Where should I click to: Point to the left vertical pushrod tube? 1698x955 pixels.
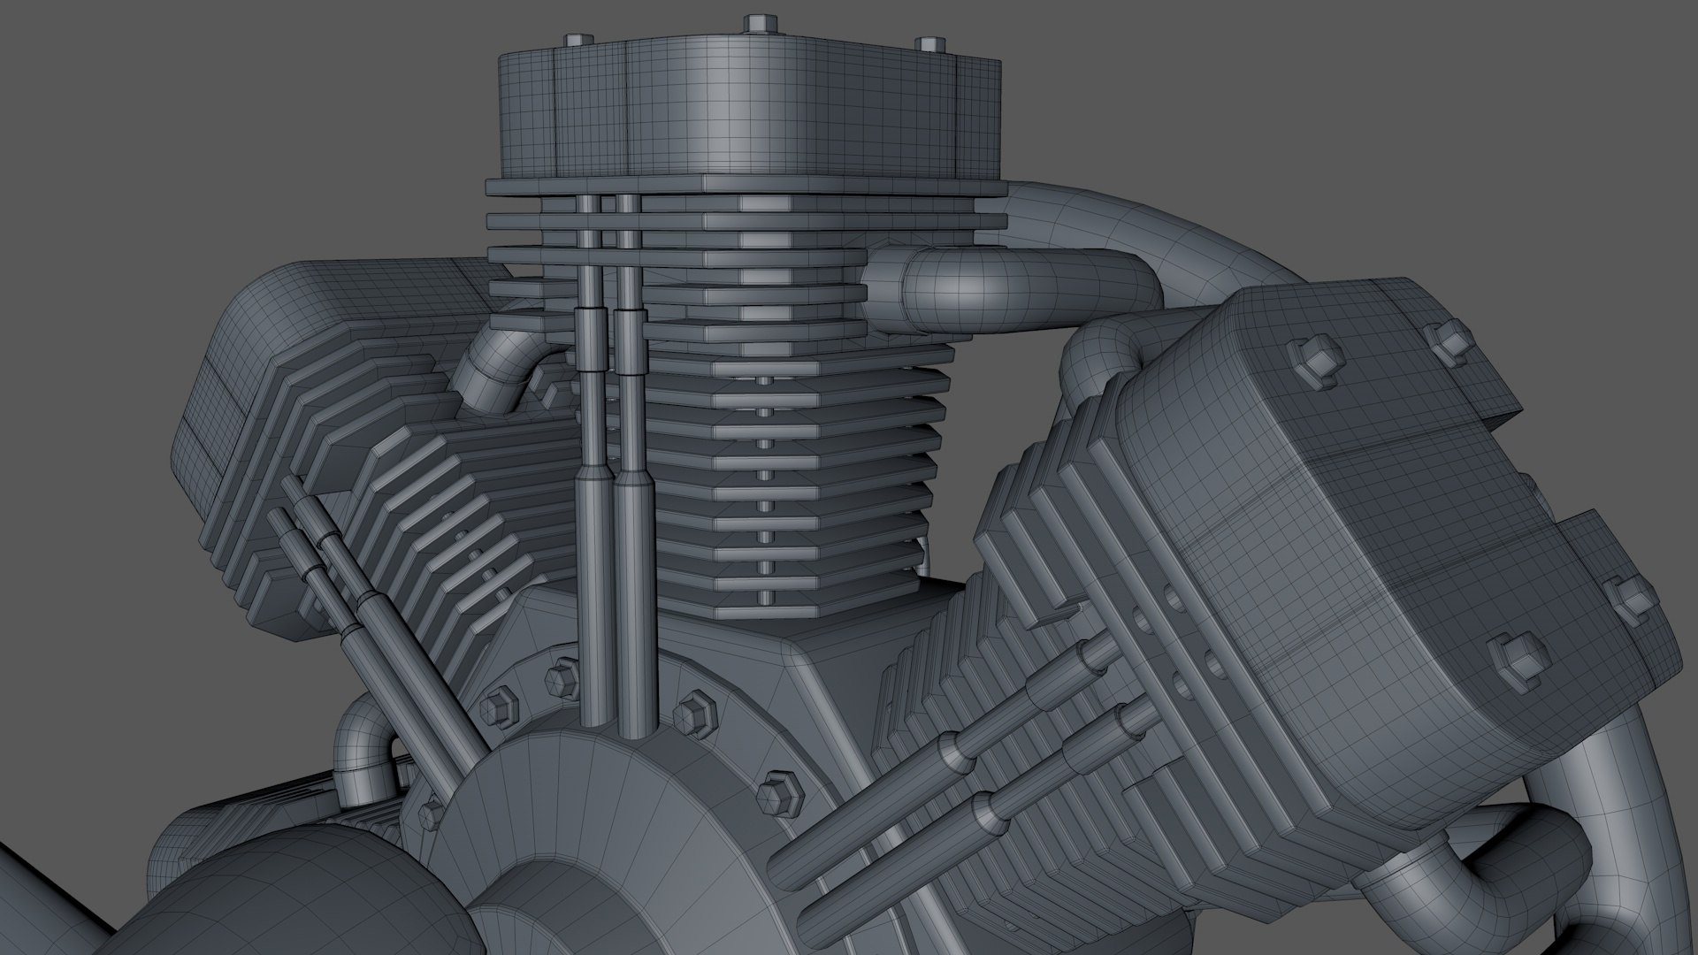coord(588,495)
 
